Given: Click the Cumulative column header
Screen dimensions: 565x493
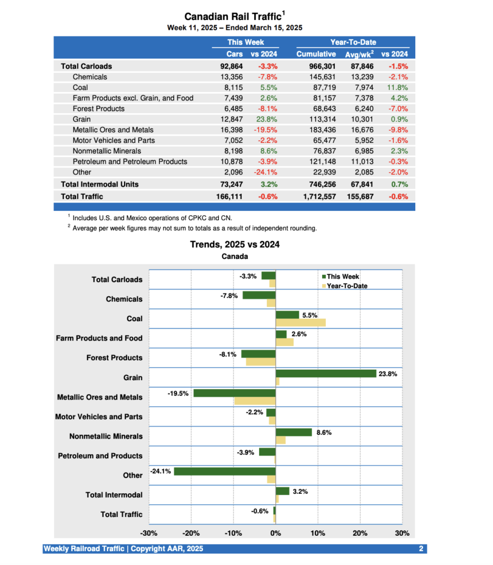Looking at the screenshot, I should coord(316,54).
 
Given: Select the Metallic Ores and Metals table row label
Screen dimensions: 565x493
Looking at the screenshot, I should coord(113,130).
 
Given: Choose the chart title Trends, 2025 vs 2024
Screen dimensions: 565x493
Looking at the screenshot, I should coord(234,244).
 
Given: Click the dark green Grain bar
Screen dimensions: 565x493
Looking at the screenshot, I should coord(325,374).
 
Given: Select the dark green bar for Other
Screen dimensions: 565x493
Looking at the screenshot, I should coord(224,471).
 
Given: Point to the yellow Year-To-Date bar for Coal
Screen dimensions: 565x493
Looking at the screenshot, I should coord(301,322).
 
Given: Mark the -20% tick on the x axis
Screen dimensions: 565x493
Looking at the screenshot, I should coord(191,534).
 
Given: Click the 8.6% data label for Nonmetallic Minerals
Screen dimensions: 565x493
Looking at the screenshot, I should coord(324,433).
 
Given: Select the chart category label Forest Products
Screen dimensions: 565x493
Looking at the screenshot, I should coord(114,358).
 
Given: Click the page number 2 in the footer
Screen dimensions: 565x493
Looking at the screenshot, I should coord(421,548).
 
